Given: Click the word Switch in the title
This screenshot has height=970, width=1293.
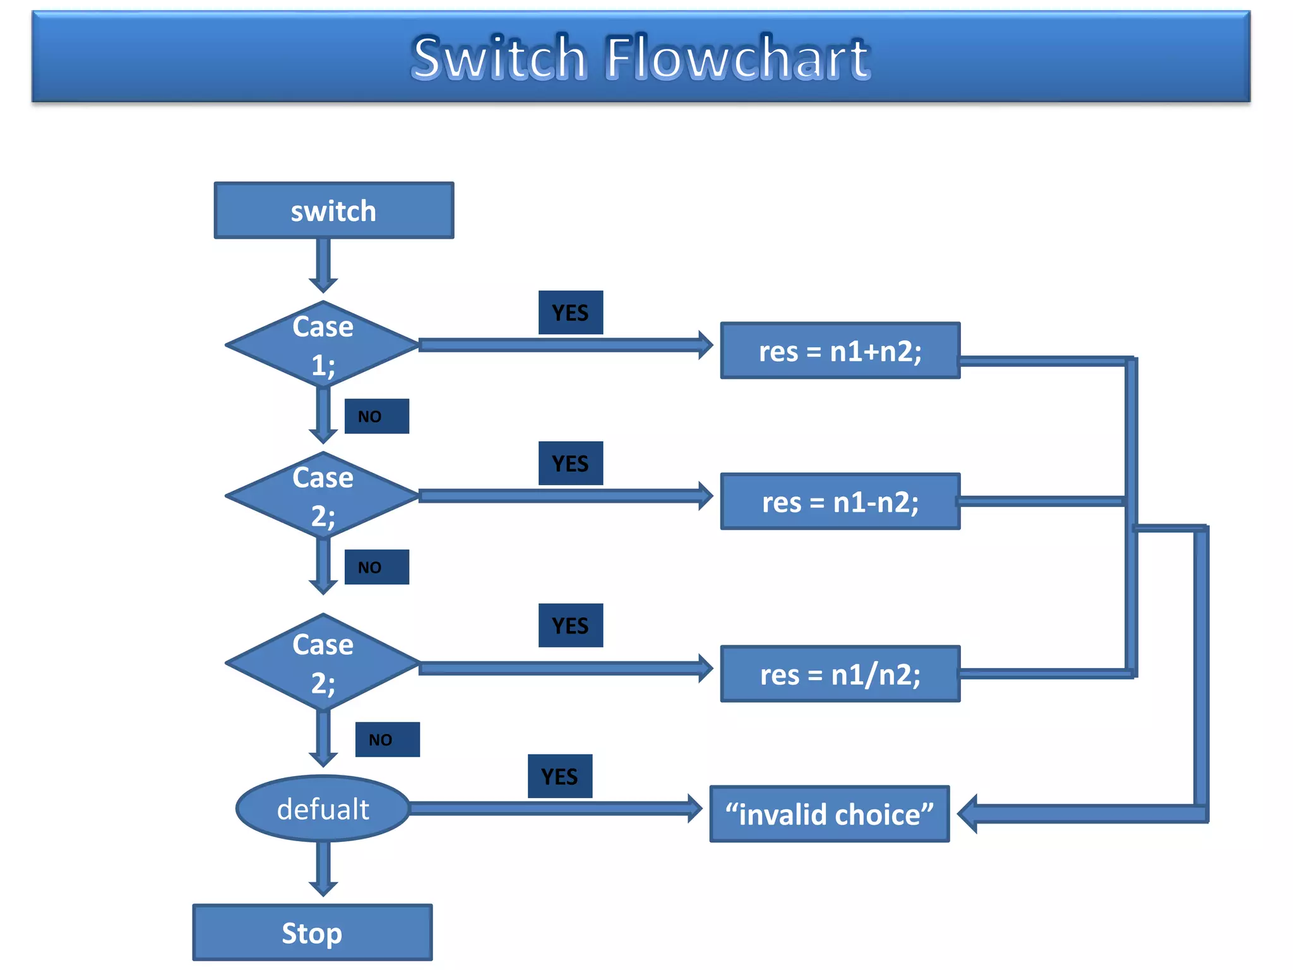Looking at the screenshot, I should [499, 58].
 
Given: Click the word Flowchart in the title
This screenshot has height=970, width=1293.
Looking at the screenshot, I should [737, 58].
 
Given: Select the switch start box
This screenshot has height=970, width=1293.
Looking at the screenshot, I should [333, 211].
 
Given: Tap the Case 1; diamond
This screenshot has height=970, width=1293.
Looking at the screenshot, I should [323, 345].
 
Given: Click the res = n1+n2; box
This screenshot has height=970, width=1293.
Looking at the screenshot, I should [840, 351].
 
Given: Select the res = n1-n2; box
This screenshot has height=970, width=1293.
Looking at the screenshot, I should [840, 501].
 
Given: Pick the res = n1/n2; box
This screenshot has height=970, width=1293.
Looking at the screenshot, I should [840, 674].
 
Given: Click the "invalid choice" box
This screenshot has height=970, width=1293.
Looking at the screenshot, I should [829, 814].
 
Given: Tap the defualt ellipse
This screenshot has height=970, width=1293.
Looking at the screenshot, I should [323, 809].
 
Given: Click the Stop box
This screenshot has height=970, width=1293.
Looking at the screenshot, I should [312, 933].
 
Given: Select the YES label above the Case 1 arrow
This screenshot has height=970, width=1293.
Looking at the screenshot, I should [570, 313].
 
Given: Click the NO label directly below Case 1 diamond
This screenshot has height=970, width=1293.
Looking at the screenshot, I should [376, 416].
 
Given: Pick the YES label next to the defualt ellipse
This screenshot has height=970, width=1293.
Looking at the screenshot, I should [559, 776].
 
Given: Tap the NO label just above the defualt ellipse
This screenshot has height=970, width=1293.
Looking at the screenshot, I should [387, 739].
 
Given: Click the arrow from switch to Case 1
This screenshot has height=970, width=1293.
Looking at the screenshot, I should [323, 265].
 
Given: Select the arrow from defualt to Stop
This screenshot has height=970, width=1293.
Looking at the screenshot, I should [323, 869].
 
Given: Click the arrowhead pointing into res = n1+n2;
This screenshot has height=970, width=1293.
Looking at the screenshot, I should [705, 345].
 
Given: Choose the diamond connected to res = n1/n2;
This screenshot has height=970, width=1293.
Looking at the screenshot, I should [323, 662].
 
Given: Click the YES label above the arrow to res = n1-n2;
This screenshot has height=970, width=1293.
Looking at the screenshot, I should [570, 464].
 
